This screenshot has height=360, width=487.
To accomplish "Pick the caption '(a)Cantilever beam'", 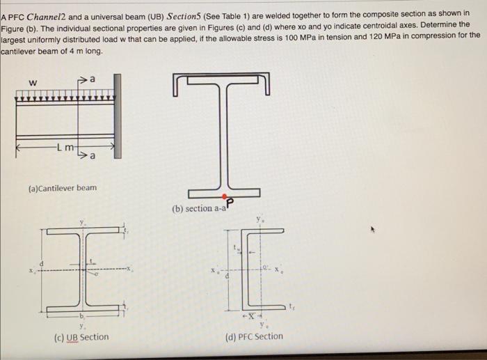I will click(62, 188).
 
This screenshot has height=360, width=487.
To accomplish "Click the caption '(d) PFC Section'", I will click(255, 336).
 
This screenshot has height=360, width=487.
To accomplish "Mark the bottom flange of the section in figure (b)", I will click(226, 191).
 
